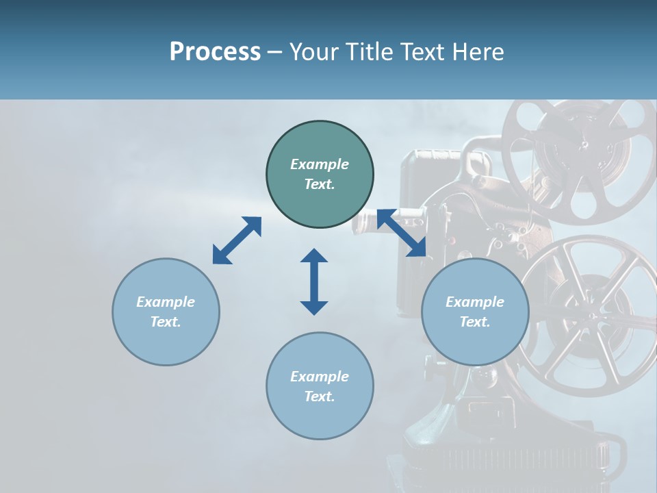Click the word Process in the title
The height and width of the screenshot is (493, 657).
tap(215, 52)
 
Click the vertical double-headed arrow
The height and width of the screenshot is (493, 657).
tap(314, 281)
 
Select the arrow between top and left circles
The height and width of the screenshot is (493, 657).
tap(237, 240)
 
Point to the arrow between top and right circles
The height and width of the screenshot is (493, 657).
tap(401, 233)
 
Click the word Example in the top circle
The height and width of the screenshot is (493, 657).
tap(320, 164)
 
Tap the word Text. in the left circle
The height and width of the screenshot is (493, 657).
tap(166, 322)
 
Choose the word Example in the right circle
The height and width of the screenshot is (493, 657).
tap(475, 302)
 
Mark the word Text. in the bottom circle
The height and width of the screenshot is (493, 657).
tap(320, 396)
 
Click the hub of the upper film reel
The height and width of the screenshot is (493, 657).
tap(584, 145)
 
